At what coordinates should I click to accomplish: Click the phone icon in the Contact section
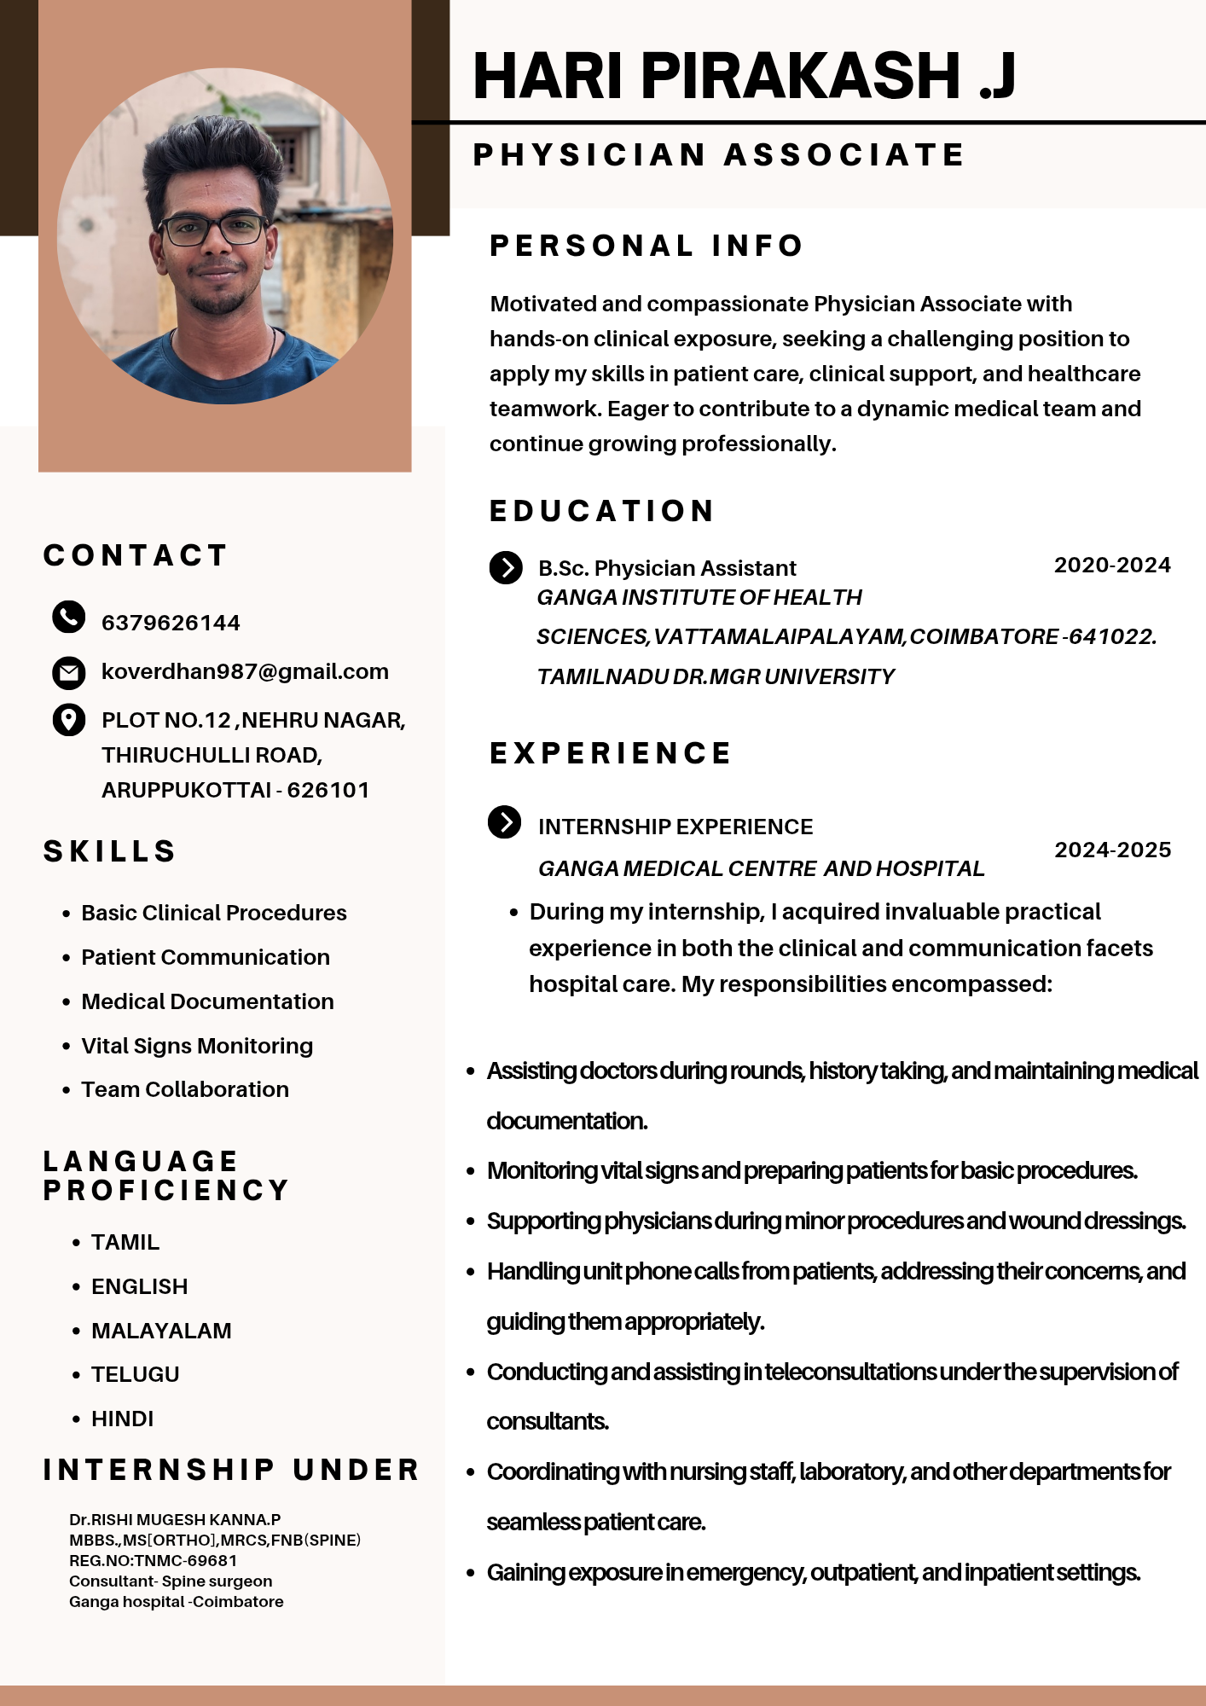pyautogui.click(x=68, y=617)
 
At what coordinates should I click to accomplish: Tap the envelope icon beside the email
pyautogui.click(x=68, y=672)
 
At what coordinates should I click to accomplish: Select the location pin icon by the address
pyautogui.click(x=68, y=719)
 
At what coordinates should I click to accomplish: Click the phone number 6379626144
pyautogui.click(x=171, y=623)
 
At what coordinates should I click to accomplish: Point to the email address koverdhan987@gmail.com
pyautogui.click(x=245, y=672)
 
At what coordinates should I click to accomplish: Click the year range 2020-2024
pyautogui.click(x=1112, y=566)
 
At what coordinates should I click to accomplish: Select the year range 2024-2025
pyautogui.click(x=1112, y=850)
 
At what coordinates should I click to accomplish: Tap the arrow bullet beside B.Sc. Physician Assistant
pyautogui.click(x=506, y=567)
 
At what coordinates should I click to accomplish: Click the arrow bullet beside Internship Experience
pyautogui.click(x=504, y=822)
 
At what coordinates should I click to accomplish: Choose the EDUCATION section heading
pyautogui.click(x=602, y=511)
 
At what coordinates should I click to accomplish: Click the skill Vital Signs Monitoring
pyautogui.click(x=197, y=1046)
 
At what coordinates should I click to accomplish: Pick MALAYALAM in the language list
pyautogui.click(x=161, y=1331)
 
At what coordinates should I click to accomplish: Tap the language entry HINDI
pyautogui.click(x=123, y=1419)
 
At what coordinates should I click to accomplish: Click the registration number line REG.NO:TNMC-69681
pyautogui.click(x=154, y=1561)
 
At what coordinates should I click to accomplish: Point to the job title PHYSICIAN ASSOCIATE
pyautogui.click(x=718, y=155)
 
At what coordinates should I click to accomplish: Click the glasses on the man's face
pyautogui.click(x=213, y=229)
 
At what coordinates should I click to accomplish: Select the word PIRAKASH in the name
pyautogui.click(x=801, y=75)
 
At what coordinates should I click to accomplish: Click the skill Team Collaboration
pyautogui.click(x=185, y=1090)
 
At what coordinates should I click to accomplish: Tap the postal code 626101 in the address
pyautogui.click(x=328, y=791)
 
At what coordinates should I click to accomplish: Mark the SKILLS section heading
pyautogui.click(x=110, y=851)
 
